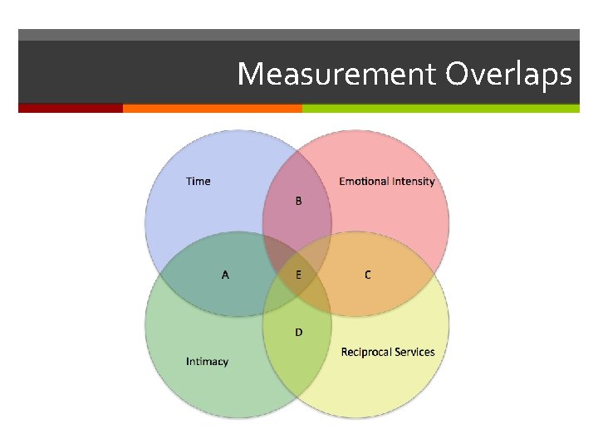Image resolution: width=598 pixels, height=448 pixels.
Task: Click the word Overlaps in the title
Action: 508,75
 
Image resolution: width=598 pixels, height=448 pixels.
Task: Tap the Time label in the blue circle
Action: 199,181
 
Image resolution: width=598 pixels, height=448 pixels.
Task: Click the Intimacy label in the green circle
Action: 207,362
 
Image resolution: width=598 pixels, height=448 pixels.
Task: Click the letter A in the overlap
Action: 225,275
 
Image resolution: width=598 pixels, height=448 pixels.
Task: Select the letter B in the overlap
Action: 298,202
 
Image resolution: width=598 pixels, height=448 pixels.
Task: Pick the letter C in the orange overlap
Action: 368,275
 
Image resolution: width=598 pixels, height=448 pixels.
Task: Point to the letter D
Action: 298,332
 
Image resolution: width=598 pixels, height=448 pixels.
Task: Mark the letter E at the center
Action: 298,275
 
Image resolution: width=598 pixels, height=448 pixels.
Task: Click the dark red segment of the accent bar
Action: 71,108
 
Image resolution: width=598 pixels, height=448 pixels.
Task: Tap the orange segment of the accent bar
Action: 212,108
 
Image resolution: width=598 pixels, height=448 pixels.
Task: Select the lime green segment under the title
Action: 440,108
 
